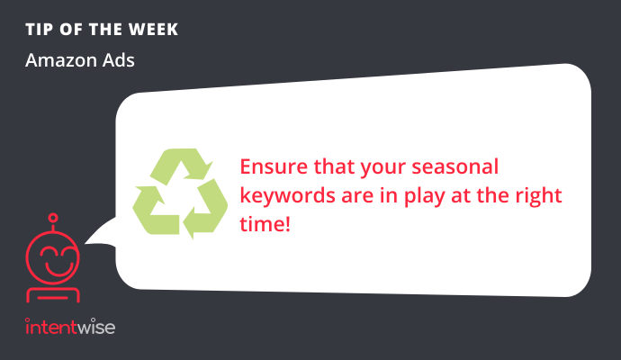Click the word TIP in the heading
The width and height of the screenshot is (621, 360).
[x=39, y=30]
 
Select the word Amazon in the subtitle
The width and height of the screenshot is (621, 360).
[x=61, y=60]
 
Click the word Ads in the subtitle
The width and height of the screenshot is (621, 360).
[x=119, y=60]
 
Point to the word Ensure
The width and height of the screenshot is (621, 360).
[x=274, y=166]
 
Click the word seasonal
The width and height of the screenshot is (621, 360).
[x=455, y=166]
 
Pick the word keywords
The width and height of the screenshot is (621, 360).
[x=287, y=195]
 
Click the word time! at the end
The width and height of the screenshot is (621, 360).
[x=265, y=224]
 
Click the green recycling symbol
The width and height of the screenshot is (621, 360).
[x=180, y=193]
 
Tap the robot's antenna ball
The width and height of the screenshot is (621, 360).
[x=53, y=218]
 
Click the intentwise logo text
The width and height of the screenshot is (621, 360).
[x=70, y=327]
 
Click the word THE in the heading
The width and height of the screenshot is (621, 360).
[x=105, y=30]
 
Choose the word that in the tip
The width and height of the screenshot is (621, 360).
[x=334, y=166]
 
